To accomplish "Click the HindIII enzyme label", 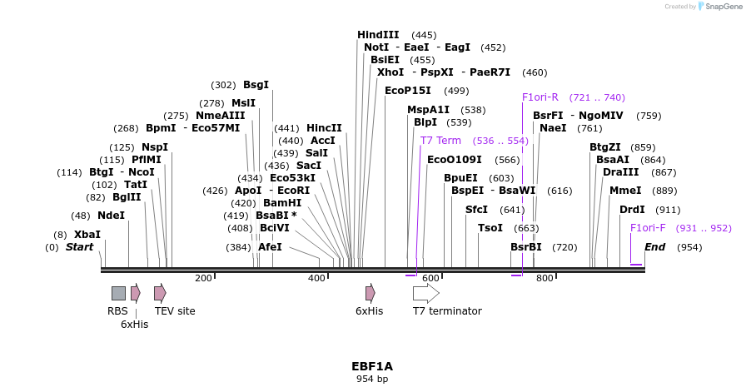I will click(378, 35).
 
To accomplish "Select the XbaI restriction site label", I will click(87, 235).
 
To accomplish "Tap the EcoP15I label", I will click(407, 91).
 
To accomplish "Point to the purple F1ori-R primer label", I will click(540, 97).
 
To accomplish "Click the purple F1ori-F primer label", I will click(648, 228).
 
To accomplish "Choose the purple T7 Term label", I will click(440, 141).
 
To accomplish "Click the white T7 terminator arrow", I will click(425, 293).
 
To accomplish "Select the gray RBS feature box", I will click(118, 293).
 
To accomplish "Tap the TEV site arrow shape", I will click(160, 293).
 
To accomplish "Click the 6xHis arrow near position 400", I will click(370, 293).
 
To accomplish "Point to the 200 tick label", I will click(203, 278).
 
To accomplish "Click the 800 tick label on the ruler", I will click(545, 278).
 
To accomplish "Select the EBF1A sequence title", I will click(372, 366).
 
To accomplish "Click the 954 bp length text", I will click(372, 380).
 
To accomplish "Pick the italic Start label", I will click(79, 247).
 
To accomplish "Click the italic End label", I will click(654, 247).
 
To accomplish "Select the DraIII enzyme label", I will click(621, 172).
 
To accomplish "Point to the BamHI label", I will click(282, 203).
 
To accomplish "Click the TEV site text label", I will click(175, 311).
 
